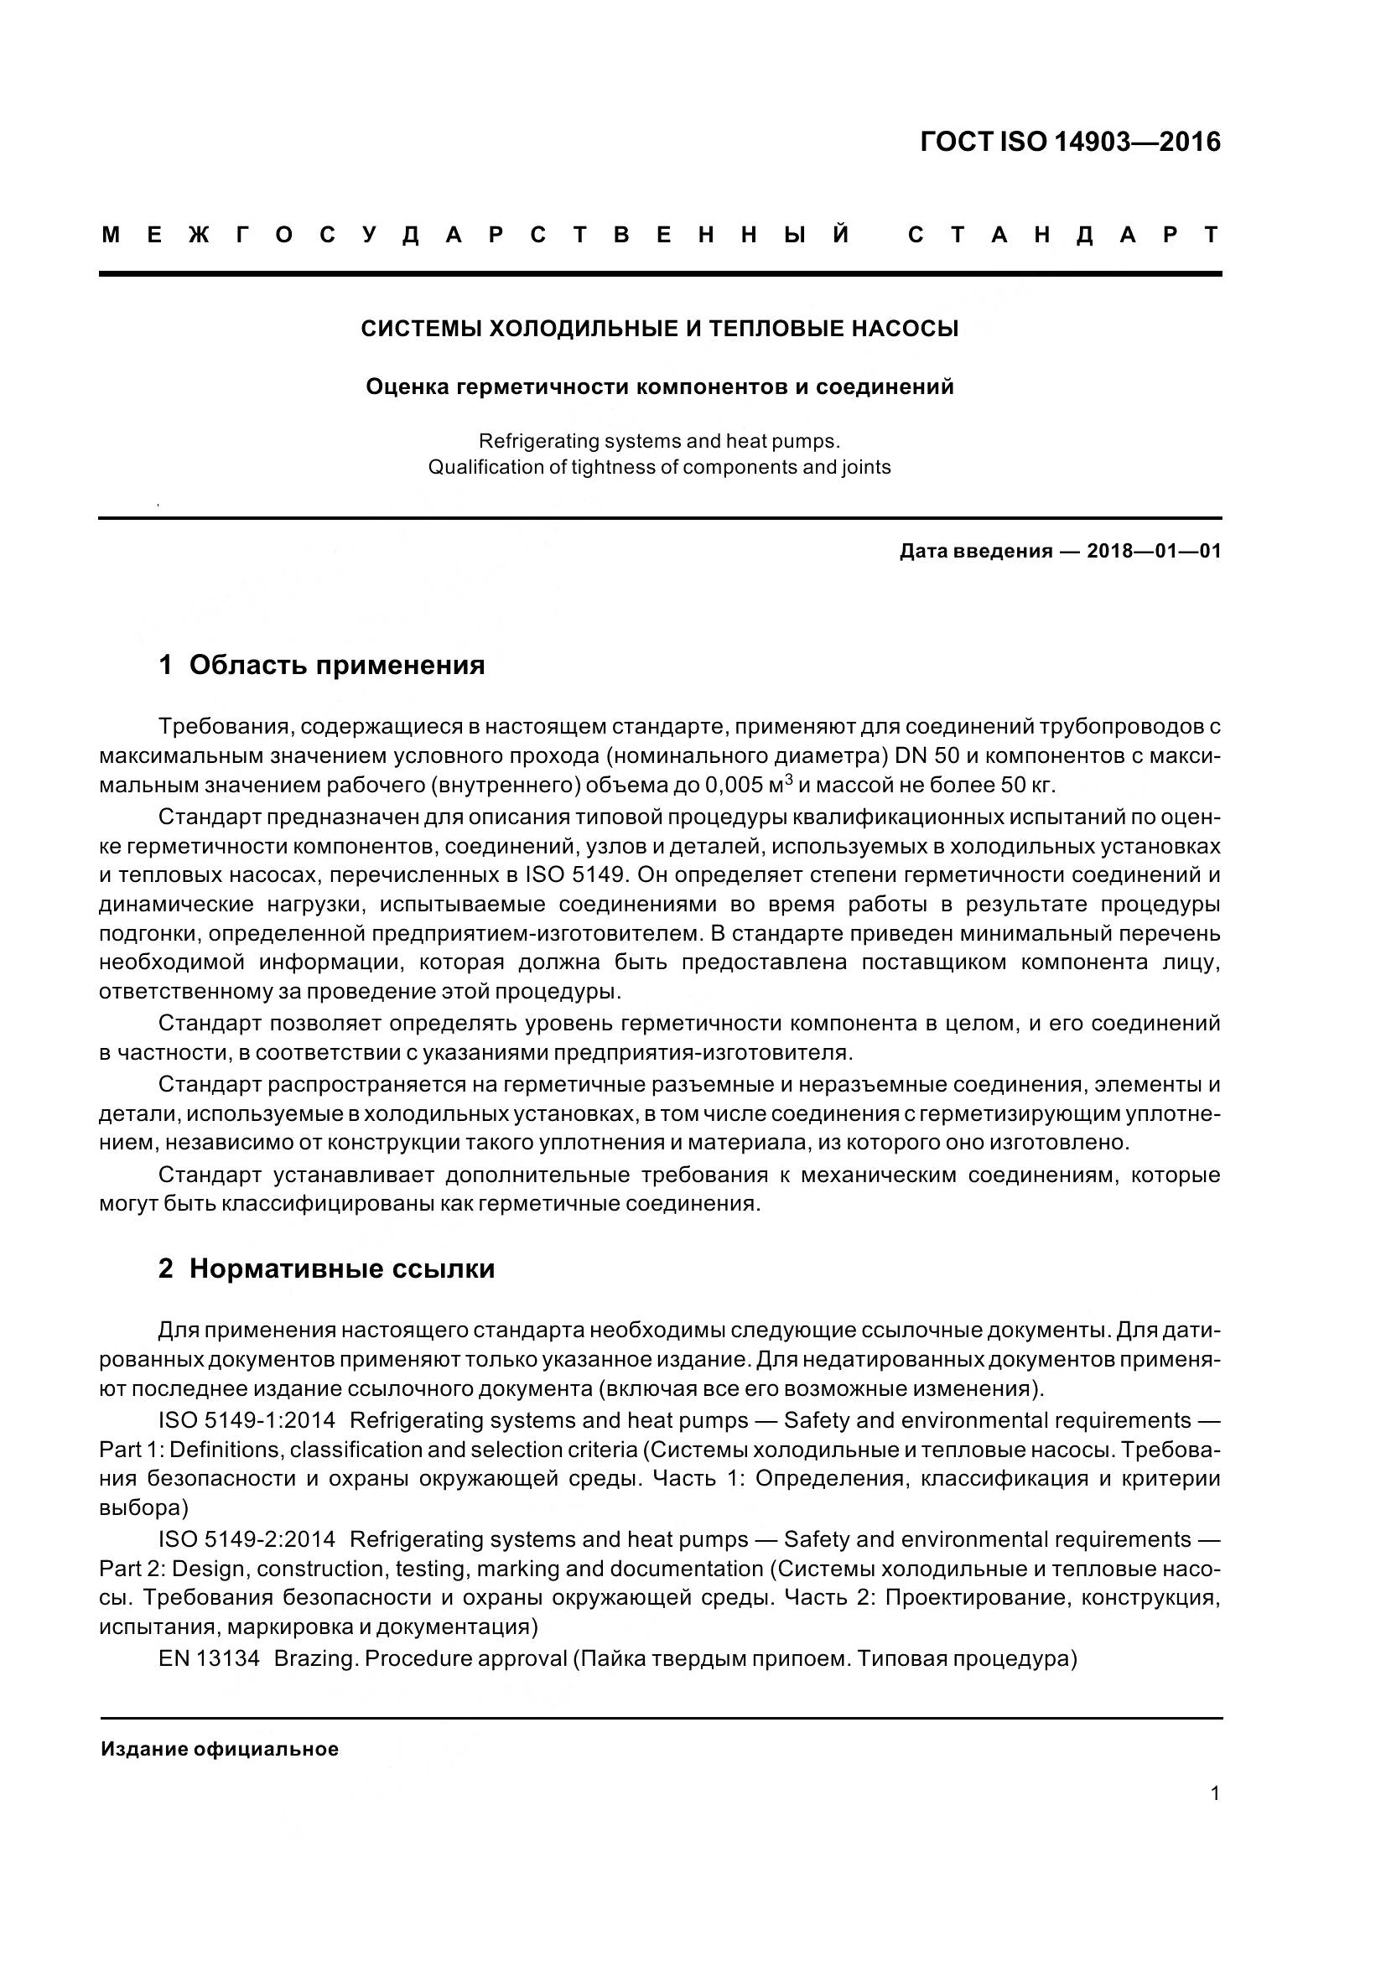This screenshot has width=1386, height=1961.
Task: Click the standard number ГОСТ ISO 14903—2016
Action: tap(1070, 142)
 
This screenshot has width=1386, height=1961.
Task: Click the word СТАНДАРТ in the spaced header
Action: tap(1063, 235)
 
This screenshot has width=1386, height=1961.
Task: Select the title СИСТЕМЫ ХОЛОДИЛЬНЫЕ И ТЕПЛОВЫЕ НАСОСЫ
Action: tap(659, 329)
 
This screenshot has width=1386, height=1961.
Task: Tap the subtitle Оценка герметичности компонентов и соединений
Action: tap(659, 386)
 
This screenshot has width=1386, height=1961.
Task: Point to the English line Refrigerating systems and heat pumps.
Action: tap(659, 442)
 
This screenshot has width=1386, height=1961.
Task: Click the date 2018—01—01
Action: tap(1154, 551)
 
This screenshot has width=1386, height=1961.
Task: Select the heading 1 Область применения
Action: tap(322, 665)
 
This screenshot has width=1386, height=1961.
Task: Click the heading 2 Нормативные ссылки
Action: tap(326, 1268)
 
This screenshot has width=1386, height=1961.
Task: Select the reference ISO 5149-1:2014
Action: tap(246, 1420)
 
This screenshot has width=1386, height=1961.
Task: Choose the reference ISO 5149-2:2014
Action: tap(246, 1539)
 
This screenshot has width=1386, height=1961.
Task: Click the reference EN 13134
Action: tap(209, 1658)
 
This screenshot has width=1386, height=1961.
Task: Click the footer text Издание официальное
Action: tap(220, 1749)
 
